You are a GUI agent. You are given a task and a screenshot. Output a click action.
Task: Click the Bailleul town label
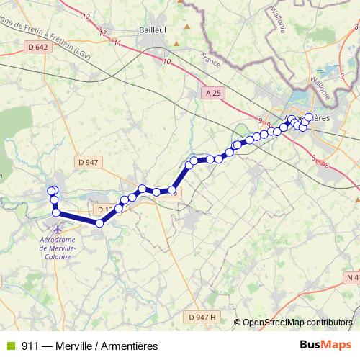pos(154,30)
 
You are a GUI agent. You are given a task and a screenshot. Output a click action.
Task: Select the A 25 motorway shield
pos(212,92)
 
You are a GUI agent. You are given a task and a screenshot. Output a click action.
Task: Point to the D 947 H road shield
pos(202,317)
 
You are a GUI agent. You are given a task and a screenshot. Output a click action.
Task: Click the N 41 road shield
pos(352,277)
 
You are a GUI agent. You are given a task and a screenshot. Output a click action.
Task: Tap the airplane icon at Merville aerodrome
pos(57,230)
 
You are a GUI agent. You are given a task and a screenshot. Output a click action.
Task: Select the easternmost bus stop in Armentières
pos(310,117)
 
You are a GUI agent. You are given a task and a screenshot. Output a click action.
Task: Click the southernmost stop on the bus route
pos(99,223)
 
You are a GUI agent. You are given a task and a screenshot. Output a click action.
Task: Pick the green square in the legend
pos(9,346)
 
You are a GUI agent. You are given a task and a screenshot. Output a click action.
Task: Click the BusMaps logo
pos(326,345)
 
